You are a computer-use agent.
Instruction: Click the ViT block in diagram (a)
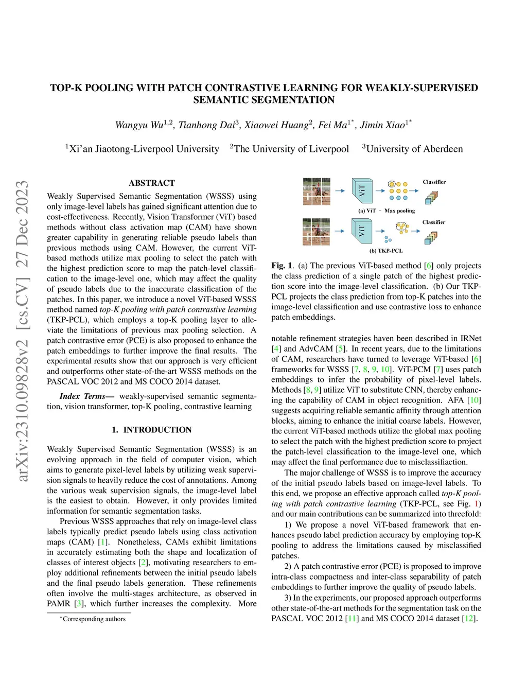(362, 190)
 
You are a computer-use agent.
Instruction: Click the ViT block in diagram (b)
(362, 231)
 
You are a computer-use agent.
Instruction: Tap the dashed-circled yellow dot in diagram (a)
(392, 184)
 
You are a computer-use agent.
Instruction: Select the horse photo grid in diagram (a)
(317, 191)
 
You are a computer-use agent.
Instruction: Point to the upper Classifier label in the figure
(434, 182)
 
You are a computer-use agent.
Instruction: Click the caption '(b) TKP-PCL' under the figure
(386, 251)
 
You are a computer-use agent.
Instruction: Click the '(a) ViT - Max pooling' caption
(386, 211)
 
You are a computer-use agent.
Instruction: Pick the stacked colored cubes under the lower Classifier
(431, 237)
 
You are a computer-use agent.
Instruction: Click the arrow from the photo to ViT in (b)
(339, 231)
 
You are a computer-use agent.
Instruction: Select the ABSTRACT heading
(152, 183)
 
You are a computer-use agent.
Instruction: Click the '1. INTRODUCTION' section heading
(152, 430)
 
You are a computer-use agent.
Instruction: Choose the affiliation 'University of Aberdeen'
(414, 149)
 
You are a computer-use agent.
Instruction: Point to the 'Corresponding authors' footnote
(94, 619)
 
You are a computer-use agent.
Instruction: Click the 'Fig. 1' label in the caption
(281, 266)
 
